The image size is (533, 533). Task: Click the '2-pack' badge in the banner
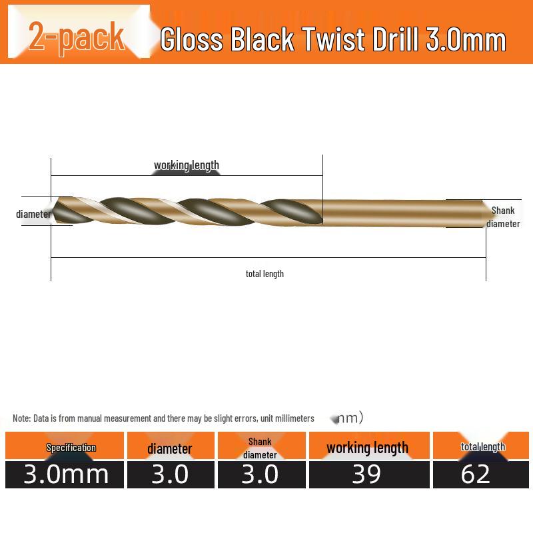[77, 37]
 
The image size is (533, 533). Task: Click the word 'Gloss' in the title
[193, 40]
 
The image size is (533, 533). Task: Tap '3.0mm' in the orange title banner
[466, 40]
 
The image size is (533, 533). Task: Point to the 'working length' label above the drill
[187, 165]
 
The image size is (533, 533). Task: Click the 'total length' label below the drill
[265, 274]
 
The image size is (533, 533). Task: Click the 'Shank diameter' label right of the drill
[503, 217]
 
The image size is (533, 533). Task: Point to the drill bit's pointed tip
[55, 212]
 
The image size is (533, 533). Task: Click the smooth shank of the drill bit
[400, 212]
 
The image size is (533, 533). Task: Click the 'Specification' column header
[71, 448]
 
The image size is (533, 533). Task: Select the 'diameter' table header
[170, 448]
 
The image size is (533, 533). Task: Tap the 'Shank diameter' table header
[260, 448]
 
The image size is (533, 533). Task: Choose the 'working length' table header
[367, 448]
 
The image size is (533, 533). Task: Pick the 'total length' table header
[483, 447]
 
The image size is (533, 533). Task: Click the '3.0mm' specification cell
[66, 474]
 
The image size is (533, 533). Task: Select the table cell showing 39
[366, 474]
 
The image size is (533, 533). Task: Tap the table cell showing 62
[476, 474]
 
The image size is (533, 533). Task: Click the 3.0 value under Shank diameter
[260, 474]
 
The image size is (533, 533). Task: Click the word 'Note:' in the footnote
[21, 418]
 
